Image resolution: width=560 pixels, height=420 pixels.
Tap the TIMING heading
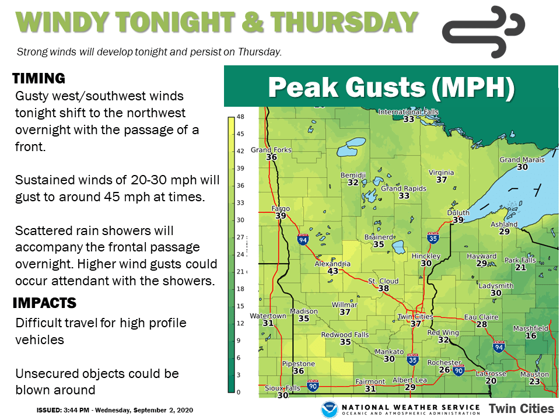38,78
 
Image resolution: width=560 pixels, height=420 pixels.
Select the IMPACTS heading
44,303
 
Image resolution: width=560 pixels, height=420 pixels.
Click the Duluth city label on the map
458,213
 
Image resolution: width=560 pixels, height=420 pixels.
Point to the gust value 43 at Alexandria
333,271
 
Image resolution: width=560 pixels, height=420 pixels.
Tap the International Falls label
408,111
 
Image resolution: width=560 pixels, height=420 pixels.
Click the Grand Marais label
522,160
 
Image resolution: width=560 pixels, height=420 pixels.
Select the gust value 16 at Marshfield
531,336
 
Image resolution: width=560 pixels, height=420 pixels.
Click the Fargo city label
281,208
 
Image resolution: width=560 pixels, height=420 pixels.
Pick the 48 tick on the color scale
240,117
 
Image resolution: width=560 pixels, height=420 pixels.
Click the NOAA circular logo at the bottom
330,408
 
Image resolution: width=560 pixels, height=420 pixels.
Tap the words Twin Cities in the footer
521,408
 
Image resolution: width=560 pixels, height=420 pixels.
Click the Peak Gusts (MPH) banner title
391,87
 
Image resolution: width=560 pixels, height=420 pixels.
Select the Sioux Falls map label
282,388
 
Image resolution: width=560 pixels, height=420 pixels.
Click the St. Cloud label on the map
383,281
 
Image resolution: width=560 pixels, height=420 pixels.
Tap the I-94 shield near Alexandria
303,240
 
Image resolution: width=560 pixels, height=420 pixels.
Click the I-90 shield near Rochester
459,370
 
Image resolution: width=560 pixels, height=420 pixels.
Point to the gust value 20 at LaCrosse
491,381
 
